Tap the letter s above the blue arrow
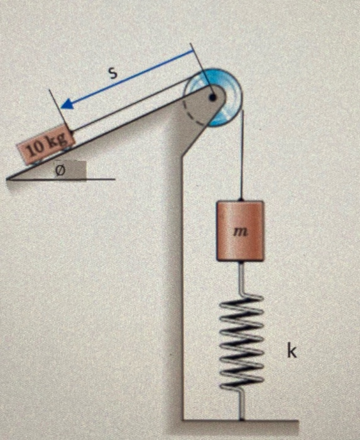[x=112, y=74]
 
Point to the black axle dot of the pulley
[x=212, y=97]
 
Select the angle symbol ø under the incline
[x=60, y=170]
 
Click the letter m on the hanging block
[x=240, y=232]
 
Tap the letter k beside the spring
[x=292, y=351]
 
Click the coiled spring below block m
[x=242, y=341]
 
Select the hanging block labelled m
[x=240, y=231]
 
